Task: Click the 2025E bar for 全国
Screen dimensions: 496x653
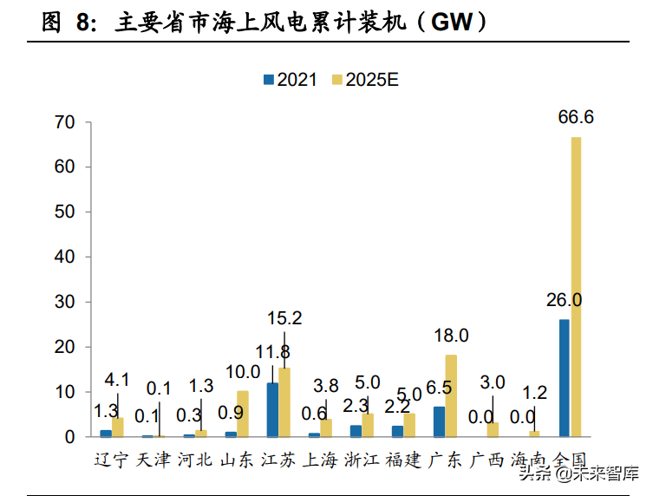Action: point(576,286)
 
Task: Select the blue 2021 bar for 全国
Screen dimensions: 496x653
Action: point(565,378)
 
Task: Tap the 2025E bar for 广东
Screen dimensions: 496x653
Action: point(451,395)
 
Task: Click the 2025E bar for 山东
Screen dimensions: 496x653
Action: point(243,414)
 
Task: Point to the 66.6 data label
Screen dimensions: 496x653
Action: point(576,117)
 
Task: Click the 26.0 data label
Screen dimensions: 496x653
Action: point(564,300)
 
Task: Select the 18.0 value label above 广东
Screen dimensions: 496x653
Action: point(451,336)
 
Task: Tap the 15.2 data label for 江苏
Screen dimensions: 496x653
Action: point(284,318)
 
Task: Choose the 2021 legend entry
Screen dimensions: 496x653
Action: point(291,79)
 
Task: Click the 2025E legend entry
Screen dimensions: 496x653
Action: point(363,79)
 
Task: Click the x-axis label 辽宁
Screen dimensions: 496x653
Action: point(111,460)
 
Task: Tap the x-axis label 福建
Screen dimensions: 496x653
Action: point(402,460)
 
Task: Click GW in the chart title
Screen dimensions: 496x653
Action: point(451,23)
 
